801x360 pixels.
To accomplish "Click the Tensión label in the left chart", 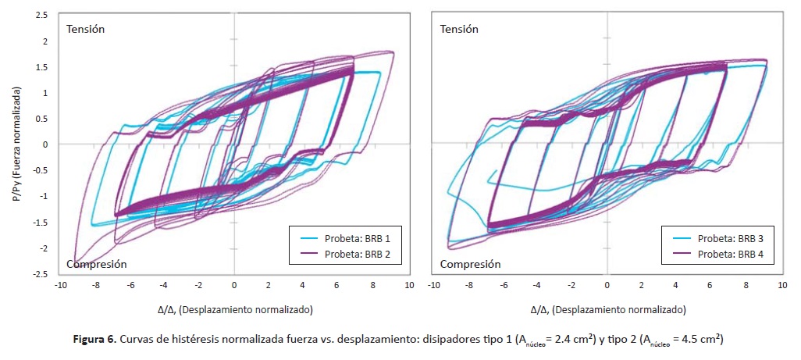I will pos(85,29).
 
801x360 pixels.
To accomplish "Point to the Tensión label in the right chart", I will pos(459,29).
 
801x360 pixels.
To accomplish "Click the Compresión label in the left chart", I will pos(96,264).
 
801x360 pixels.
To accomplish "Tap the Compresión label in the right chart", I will pos(470,264).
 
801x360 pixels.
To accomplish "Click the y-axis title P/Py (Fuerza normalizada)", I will pos(16,144).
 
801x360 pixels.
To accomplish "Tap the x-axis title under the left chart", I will pos(233,309).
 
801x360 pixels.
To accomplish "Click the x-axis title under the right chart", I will pos(607,309).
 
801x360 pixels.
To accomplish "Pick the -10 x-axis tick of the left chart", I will pos(59,286).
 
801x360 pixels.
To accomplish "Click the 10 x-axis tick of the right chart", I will pos(781,286).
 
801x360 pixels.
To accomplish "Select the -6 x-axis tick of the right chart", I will pos(503,286).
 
